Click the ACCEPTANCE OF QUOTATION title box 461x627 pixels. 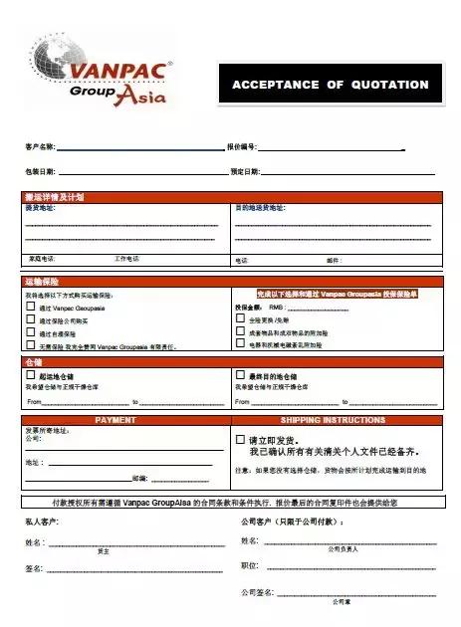[330, 85]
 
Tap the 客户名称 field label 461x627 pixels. [40, 146]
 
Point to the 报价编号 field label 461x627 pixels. [243, 146]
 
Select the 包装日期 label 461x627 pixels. [40, 172]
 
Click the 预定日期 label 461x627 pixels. [244, 172]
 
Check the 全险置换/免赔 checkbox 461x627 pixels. [240, 319]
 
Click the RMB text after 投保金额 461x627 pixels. [277, 308]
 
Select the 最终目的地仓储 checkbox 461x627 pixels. [240, 376]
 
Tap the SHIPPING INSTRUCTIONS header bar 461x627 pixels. [334, 420]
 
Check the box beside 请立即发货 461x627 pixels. [240, 438]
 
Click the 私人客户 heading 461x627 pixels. [41, 521]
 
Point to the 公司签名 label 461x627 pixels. [257, 592]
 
